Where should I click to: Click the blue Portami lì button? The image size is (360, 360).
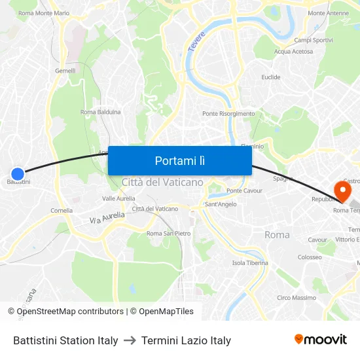[179, 160]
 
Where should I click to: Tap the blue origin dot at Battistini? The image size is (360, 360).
[18, 174]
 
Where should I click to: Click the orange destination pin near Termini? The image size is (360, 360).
[342, 190]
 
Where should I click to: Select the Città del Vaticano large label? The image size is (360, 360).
[162, 182]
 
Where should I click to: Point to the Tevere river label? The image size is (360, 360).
[196, 41]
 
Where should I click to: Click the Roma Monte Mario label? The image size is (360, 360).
[44, 13]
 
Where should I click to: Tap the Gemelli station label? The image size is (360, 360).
[65, 71]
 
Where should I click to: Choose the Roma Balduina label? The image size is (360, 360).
[100, 112]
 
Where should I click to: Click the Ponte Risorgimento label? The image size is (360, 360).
[228, 114]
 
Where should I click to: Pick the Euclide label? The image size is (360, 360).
[271, 77]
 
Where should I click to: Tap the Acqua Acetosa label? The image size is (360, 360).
[293, 52]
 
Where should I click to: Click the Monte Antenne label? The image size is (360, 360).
[328, 13]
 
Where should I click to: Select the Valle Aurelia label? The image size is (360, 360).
[118, 198]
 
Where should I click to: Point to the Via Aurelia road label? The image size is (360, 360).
[107, 217]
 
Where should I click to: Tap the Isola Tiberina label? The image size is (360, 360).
[250, 263]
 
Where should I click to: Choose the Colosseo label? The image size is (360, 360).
[310, 257]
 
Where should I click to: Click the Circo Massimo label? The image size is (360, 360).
[297, 298]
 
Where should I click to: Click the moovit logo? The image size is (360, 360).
[320, 340]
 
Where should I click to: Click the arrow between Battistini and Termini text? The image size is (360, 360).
[130, 340]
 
